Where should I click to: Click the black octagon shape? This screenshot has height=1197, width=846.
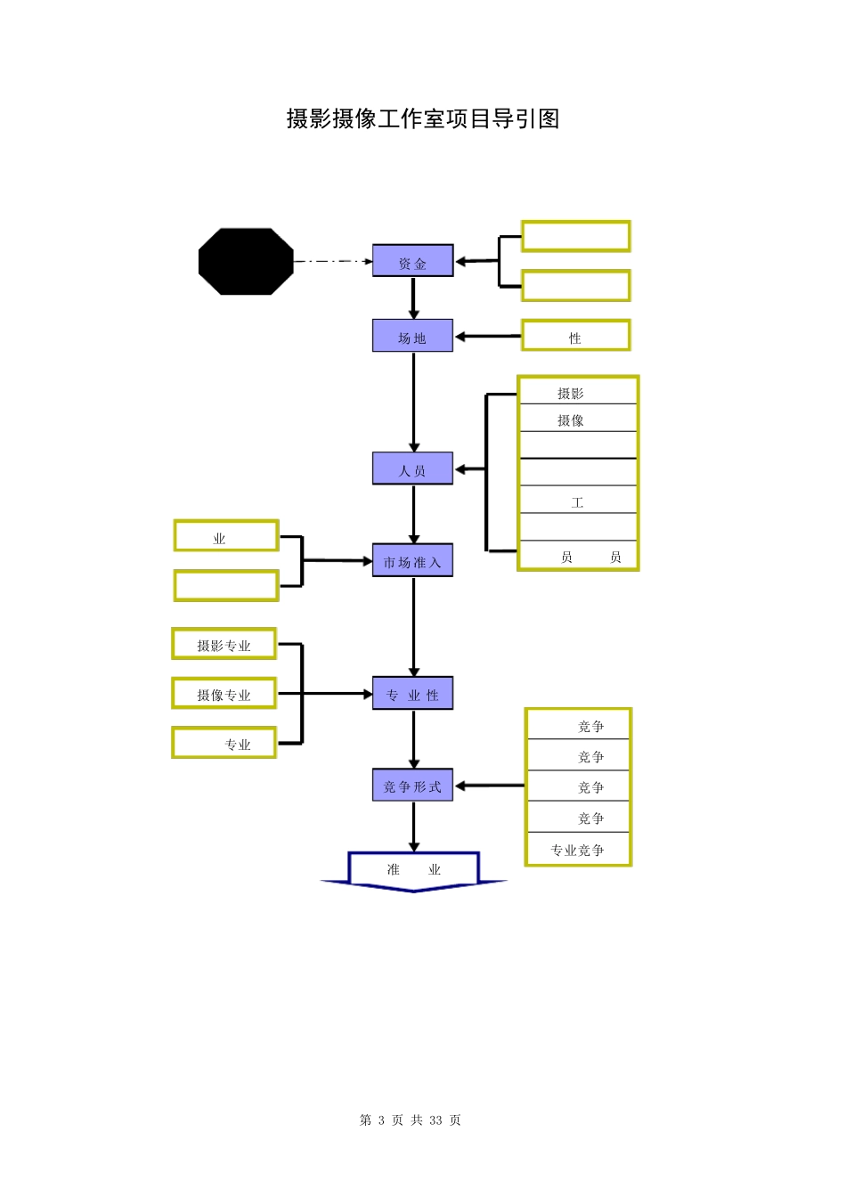click(246, 261)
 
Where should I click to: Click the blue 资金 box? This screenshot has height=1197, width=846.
click(412, 261)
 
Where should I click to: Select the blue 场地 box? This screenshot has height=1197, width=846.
click(412, 336)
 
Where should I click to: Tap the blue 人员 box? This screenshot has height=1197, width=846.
click(412, 468)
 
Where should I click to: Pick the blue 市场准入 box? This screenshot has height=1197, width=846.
click(412, 560)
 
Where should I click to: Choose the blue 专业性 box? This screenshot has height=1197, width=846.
click(412, 693)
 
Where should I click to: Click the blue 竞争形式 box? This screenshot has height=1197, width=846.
click(412, 785)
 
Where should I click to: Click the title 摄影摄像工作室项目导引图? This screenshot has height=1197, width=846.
click(423, 118)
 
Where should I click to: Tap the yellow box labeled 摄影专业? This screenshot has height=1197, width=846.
click(224, 644)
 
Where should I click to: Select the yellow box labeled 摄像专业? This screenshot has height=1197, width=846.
click(224, 693)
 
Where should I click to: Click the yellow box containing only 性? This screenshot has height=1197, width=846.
click(575, 336)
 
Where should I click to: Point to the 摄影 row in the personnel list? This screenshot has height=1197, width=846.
click(578, 392)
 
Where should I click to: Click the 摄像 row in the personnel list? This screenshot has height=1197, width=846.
click(578, 419)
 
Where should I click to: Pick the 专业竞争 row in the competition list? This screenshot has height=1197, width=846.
click(578, 849)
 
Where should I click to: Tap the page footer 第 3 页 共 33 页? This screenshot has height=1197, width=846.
click(411, 1120)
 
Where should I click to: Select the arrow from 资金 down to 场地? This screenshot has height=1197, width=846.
click(413, 297)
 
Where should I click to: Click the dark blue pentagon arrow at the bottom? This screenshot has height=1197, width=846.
click(413, 870)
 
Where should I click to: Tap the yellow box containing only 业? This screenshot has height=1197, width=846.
click(226, 536)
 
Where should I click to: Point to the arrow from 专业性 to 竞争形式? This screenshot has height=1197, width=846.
click(413, 738)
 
